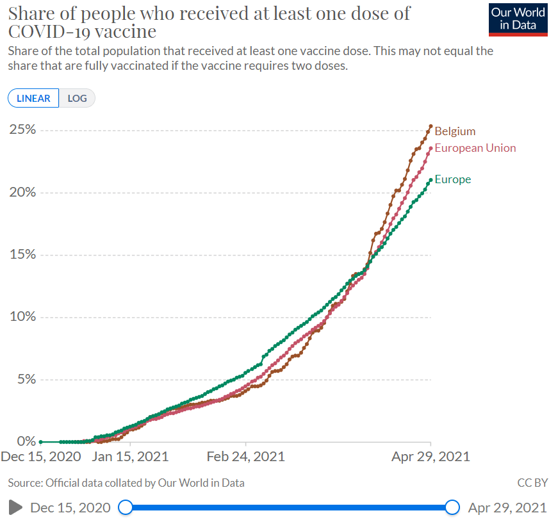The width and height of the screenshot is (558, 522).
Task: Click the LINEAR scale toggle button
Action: tap(33, 98)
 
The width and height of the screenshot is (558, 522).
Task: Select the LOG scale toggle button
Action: tap(77, 98)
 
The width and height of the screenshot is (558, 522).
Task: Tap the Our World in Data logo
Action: tap(518, 19)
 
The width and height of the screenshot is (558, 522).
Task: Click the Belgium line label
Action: tap(455, 131)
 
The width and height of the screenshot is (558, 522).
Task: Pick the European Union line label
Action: tap(475, 148)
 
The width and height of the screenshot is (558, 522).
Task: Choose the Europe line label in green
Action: tap(452, 179)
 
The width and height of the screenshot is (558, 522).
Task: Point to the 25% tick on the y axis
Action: tap(22, 130)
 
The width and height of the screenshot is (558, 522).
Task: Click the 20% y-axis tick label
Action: tap(22, 192)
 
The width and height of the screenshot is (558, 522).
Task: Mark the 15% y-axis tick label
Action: tap(22, 254)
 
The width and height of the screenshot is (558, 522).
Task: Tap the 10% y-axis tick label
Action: tap(22, 317)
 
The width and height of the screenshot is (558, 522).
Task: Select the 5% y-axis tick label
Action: tap(26, 379)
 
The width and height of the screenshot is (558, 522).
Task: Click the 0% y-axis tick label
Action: tap(26, 441)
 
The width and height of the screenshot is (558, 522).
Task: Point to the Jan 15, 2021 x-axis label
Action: tap(130, 457)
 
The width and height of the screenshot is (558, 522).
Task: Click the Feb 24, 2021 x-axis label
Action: tap(245, 457)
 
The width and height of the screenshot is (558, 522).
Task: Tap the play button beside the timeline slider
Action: tap(15, 508)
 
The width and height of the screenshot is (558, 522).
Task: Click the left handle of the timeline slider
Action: tap(126, 508)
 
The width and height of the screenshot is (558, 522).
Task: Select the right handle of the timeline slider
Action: tap(452, 508)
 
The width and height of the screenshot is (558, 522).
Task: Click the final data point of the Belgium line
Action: tap(431, 126)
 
